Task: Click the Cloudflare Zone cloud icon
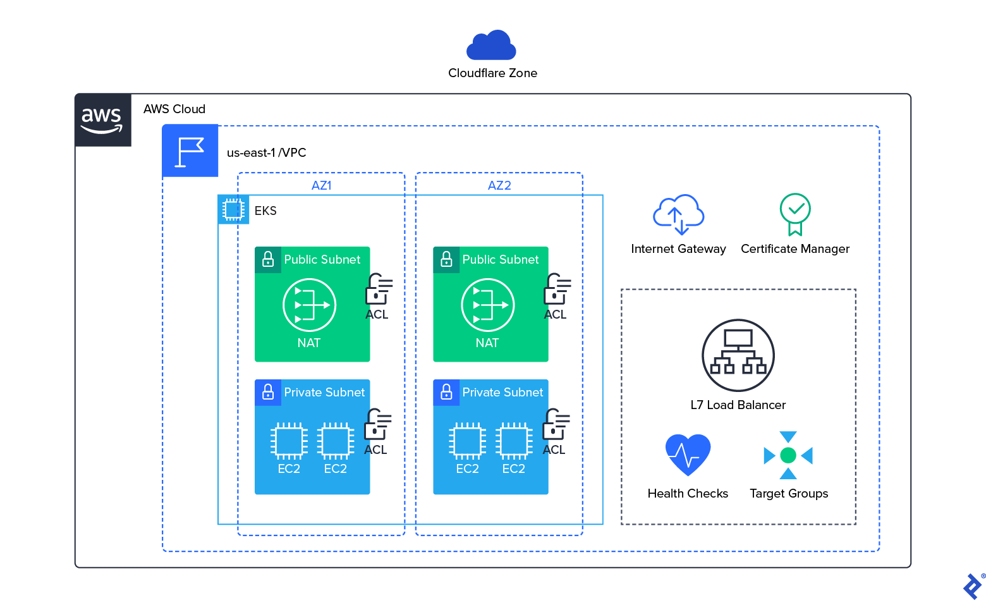tap(491, 46)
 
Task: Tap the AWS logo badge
tap(103, 120)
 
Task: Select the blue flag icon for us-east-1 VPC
tap(190, 151)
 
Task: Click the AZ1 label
tap(321, 185)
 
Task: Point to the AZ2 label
tap(499, 185)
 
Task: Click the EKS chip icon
tap(233, 209)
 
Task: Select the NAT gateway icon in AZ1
tap(309, 305)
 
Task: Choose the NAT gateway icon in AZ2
tap(487, 305)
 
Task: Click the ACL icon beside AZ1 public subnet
tap(379, 289)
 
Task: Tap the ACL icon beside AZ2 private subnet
tap(556, 424)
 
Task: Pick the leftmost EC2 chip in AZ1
tap(289, 441)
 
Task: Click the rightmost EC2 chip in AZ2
tap(514, 441)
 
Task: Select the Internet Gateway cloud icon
tap(678, 214)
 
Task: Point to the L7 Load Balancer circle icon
tap(738, 355)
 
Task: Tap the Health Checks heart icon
tap(688, 454)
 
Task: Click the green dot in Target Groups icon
tap(788, 455)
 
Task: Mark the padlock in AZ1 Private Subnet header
tap(268, 392)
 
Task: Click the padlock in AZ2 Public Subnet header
tap(446, 259)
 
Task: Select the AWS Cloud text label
tap(174, 109)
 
